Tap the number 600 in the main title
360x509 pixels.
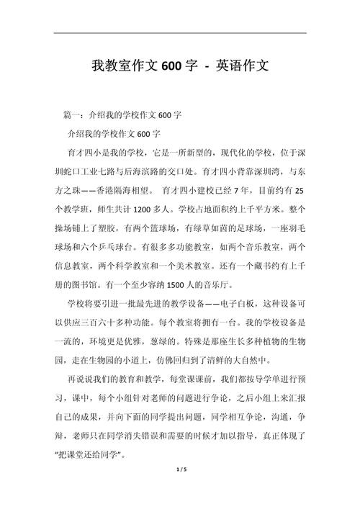[172, 66]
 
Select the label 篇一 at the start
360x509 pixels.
[73, 114]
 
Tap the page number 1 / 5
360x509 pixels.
[180, 490]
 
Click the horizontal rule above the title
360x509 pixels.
[180, 32]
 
